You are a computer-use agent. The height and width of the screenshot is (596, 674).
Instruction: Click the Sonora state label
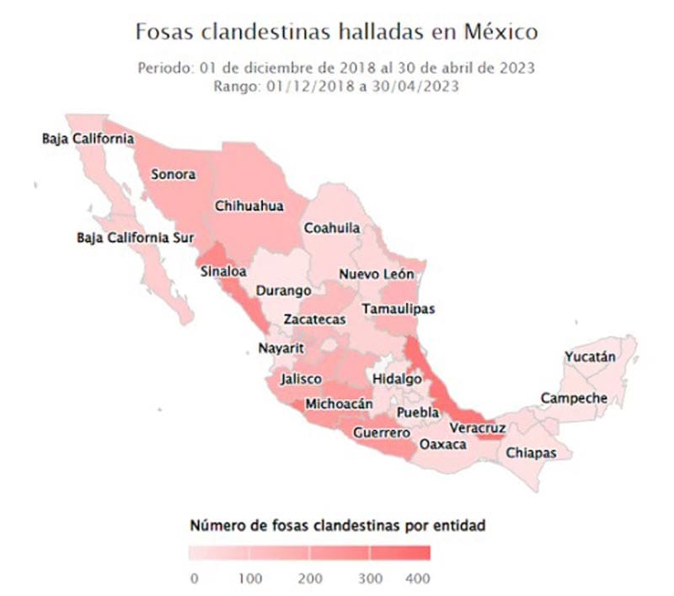click(x=173, y=175)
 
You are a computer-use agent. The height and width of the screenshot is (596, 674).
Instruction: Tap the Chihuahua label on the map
click(x=249, y=205)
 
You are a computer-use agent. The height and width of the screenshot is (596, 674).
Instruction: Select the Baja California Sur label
click(x=136, y=237)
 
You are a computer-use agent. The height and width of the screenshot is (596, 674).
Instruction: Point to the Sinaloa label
click(x=223, y=272)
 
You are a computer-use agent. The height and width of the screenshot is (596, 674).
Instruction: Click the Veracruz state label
click(x=477, y=429)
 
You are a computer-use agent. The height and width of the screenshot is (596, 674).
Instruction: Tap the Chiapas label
click(x=531, y=452)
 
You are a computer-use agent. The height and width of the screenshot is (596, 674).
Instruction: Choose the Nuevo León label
click(x=377, y=274)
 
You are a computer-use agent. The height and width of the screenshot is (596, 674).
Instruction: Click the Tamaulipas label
click(x=399, y=309)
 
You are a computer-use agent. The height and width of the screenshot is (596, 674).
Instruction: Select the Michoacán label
click(x=339, y=404)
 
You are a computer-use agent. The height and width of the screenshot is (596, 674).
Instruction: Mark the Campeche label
click(x=574, y=397)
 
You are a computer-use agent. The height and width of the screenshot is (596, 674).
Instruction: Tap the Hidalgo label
click(x=397, y=379)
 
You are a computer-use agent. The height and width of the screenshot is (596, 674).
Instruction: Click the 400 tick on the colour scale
click(x=417, y=579)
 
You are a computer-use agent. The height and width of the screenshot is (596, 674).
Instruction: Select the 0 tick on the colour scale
click(x=195, y=579)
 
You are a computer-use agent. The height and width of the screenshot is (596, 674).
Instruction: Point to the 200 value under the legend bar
click(x=310, y=579)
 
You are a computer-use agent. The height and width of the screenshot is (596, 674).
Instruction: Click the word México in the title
click(x=498, y=33)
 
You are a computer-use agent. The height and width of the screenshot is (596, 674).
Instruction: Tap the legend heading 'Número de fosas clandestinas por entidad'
click(x=337, y=526)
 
